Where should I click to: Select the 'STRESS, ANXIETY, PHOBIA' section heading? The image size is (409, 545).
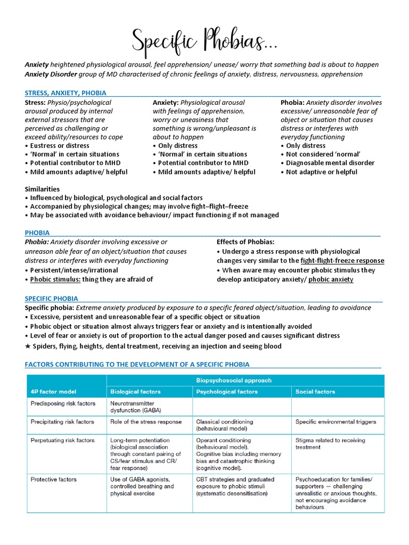pyautogui.click(x=66, y=93)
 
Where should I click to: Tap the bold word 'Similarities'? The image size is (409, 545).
pyautogui.click(x=43, y=189)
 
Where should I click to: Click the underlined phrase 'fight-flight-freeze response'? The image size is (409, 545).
pyautogui.click(x=342, y=261)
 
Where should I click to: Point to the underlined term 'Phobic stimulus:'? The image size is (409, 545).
pyautogui.click(x=55, y=279)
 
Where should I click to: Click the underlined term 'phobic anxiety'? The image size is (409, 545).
pyautogui.click(x=331, y=279)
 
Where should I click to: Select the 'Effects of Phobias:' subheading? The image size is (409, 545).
pyautogui.click(x=246, y=242)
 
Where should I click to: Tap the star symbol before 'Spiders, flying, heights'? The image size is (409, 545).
pyautogui.click(x=28, y=346)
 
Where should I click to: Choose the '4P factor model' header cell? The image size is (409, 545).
pyautogui.click(x=53, y=392)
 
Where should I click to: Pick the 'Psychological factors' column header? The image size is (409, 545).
pyautogui.click(x=227, y=392)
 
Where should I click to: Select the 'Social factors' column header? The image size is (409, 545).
pyautogui.click(x=315, y=392)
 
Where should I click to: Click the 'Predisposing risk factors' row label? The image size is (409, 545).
pyautogui.click(x=62, y=403)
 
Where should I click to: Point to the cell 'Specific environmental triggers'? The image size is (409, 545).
pyautogui.click(x=336, y=422)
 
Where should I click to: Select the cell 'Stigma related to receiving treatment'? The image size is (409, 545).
pyautogui.click(x=330, y=444)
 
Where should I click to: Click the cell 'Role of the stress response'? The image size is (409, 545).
pyautogui.click(x=146, y=422)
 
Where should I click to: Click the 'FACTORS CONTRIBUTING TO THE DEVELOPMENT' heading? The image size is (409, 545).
pyautogui.click(x=137, y=365)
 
